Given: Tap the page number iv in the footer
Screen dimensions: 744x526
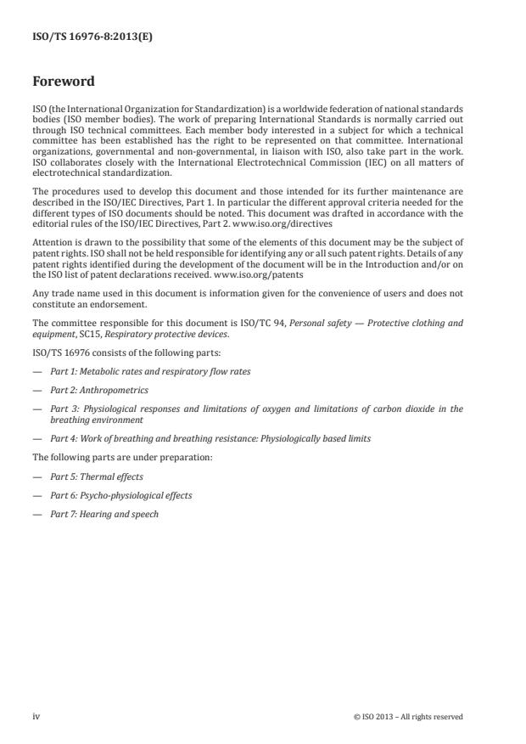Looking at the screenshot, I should (x=36, y=716).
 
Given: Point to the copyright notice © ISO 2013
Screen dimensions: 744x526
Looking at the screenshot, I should (x=408, y=717).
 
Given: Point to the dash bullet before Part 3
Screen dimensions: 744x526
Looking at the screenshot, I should (x=36, y=409).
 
